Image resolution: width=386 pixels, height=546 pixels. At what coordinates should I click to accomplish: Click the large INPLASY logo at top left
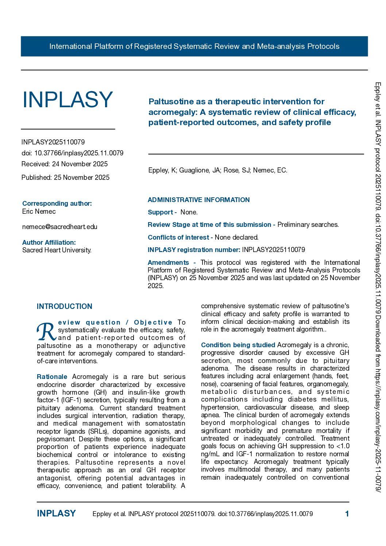pos(67,100)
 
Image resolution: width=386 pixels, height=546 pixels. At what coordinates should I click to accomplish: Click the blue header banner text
pos(194,46)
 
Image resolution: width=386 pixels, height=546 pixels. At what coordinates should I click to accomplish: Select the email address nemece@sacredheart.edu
pos(60,227)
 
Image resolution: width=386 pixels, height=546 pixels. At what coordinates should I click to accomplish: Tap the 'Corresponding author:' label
pos(57,204)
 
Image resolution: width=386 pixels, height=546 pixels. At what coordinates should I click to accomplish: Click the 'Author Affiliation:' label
pos(49,243)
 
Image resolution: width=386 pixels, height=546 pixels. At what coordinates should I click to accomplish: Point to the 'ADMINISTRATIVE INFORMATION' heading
pos(198,200)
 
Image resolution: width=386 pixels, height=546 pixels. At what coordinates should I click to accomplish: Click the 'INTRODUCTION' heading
pos(65,306)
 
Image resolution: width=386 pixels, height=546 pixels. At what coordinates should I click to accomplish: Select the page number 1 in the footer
pos(347,514)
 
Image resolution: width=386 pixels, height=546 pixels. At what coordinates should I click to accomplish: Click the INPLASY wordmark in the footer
pos(56,514)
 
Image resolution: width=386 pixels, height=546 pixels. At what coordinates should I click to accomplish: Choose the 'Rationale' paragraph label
pos(52,377)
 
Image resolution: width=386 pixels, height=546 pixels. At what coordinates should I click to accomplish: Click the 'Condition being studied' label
pos(238,345)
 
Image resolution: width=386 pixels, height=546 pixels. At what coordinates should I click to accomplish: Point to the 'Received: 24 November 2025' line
pos(65,164)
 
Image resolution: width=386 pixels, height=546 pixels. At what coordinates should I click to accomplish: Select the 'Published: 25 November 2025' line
pos(65,178)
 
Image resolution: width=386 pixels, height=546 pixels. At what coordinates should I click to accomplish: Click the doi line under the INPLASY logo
pos(72,153)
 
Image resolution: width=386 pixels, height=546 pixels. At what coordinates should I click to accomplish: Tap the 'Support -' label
pos(162,212)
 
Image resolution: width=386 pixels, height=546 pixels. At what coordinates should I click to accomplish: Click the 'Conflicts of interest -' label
pos(180,237)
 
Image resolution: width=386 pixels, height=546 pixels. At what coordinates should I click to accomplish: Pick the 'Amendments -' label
pos(171,263)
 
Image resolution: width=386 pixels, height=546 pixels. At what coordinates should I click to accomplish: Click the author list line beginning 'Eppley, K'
pos(218,170)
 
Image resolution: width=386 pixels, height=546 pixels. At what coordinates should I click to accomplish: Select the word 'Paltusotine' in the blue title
pos(171,102)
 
